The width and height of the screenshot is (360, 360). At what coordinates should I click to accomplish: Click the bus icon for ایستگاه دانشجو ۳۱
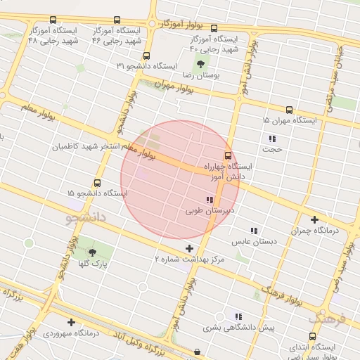146,56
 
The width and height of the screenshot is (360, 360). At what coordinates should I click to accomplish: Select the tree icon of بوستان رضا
202,64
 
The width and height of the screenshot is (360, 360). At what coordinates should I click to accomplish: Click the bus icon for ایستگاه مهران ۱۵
289,110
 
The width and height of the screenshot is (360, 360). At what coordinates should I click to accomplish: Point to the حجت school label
271,149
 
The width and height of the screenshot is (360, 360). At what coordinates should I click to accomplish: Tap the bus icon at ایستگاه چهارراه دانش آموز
227,156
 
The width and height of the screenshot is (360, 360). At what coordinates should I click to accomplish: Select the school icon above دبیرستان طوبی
210,200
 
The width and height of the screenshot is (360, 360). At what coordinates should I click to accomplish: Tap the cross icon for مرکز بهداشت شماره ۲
189,248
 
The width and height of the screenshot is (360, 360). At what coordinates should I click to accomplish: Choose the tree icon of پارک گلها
92,253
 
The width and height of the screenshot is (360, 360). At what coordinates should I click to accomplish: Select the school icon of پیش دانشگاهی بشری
238,316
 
